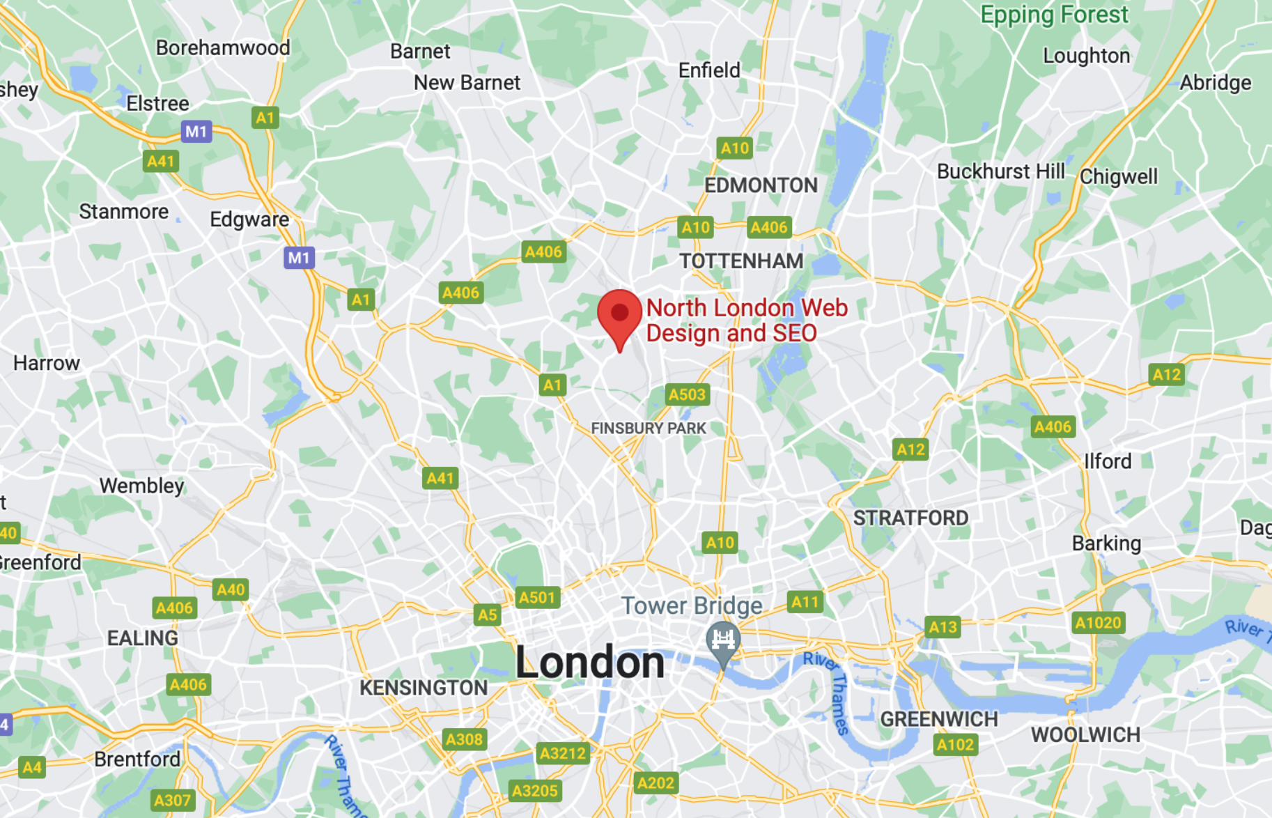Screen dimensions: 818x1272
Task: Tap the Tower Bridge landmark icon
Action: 722,640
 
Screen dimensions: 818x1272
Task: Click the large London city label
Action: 590,662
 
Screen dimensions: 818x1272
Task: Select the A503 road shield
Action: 687,395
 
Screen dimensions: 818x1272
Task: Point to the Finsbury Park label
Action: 648,428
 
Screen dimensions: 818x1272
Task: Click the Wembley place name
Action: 141,486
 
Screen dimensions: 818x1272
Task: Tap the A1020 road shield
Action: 1098,623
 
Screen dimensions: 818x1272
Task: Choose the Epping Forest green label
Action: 1053,15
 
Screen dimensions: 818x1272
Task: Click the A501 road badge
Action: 537,597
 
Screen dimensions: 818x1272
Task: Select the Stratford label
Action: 910,518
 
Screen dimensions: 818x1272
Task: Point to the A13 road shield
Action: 943,627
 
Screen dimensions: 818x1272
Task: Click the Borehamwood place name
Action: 223,47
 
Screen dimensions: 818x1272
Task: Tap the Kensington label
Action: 424,688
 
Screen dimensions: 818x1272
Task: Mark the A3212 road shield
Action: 563,753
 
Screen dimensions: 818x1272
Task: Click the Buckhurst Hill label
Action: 1000,171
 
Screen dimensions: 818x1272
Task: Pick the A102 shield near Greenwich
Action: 955,745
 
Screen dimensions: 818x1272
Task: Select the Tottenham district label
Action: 741,261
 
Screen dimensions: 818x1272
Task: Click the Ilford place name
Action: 1108,461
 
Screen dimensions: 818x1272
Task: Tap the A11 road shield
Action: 805,602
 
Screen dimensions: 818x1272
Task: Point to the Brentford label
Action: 137,759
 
